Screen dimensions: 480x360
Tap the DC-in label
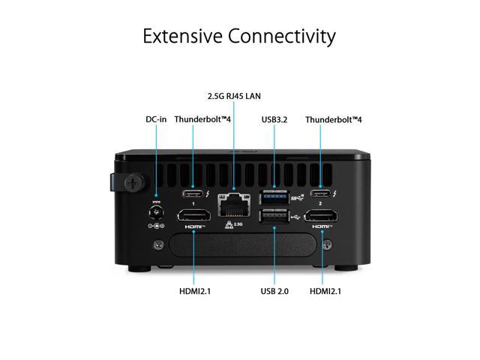click(x=156, y=119)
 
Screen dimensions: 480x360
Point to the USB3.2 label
click(x=274, y=119)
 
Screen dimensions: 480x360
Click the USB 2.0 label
click(x=274, y=290)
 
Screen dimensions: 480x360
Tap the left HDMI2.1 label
click(x=194, y=290)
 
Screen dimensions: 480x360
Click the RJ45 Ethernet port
click(x=232, y=203)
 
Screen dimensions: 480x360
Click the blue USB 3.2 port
click(x=274, y=198)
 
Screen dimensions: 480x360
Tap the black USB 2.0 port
click(x=274, y=217)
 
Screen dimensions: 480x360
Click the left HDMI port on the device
click(x=193, y=216)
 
